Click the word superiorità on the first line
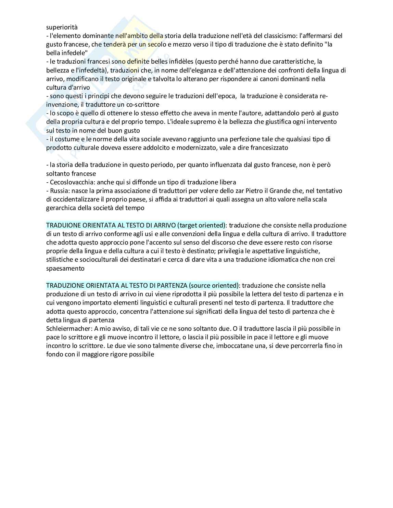pyautogui.click(x=62, y=27)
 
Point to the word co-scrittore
pyautogui.click(x=142, y=105)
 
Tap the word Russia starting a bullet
pyautogui.click(x=59, y=191)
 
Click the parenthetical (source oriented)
pyautogui.click(x=214, y=285)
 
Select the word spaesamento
pyautogui.click(x=65, y=268)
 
